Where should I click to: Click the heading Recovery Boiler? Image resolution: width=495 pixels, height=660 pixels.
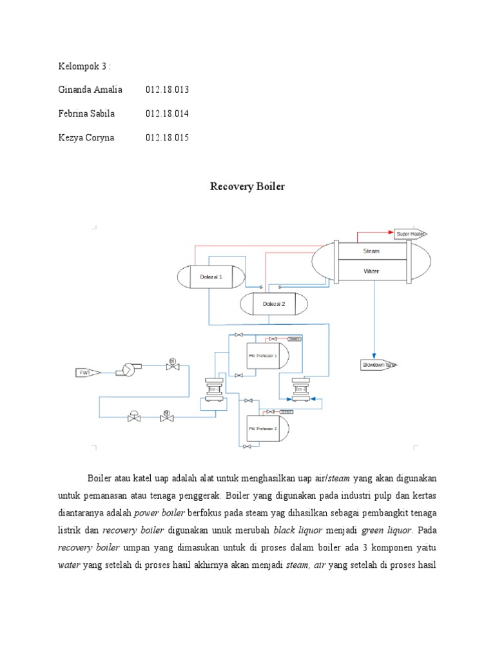(247, 187)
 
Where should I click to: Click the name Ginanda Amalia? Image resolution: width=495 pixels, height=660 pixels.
(90, 89)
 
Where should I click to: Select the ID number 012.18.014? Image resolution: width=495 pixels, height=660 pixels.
(168, 113)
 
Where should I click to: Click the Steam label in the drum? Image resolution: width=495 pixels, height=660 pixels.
(371, 251)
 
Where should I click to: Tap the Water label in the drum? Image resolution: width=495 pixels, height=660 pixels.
(371, 271)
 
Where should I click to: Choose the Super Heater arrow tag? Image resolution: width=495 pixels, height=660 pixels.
(411, 234)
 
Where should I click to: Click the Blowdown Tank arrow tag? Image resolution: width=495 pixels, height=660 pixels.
(378, 365)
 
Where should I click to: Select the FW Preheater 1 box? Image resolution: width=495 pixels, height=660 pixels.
(263, 355)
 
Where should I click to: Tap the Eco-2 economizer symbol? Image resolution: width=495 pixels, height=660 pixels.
(299, 389)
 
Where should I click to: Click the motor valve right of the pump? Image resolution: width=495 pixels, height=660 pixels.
(172, 365)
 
